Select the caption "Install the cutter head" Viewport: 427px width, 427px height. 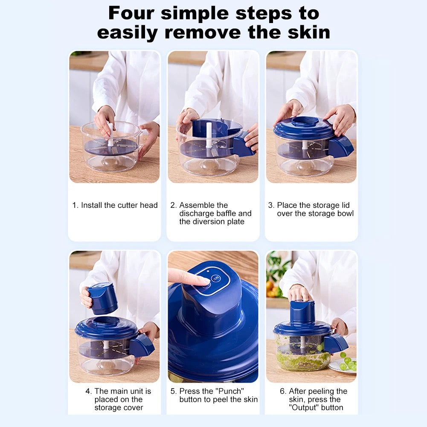pos(119,205)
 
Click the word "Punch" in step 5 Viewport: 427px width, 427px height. pos(219,391)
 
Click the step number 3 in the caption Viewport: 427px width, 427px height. pos(270,205)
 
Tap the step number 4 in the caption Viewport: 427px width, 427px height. pos(88,391)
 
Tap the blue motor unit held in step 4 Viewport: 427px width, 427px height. pos(103,298)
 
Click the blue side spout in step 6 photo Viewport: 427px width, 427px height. pos(336,343)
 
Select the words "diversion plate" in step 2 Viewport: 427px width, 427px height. pos(212,222)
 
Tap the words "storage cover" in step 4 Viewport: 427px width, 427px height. pos(119,407)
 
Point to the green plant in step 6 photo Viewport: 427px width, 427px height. pos(277,269)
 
